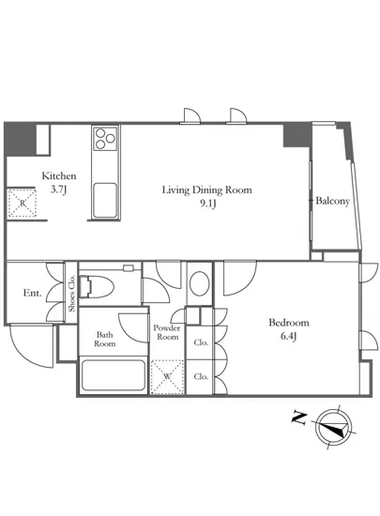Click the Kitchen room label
59,175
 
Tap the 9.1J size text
207,205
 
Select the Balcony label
333,201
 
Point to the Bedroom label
289,323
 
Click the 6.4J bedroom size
289,337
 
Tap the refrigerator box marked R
22,203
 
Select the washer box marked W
167,377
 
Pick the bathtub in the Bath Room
114,375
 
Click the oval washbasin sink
200,283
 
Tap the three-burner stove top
105,139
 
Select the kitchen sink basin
105,200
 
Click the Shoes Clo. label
71,294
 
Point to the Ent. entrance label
32,293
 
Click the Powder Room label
167,332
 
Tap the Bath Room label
105,340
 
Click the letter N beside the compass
299,417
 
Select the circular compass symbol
334,427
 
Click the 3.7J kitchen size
59,190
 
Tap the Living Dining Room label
207,190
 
